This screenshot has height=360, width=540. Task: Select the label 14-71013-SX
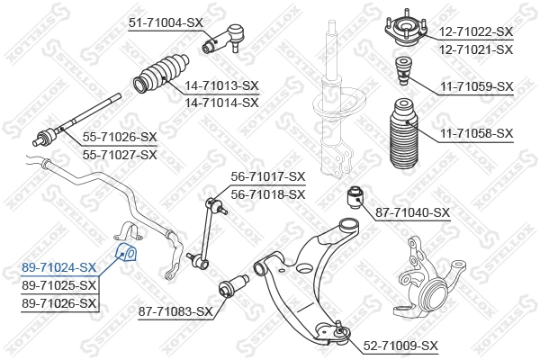(x=221, y=86)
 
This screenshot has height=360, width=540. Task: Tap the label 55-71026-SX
(x=120, y=138)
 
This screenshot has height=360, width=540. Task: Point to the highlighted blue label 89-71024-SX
(x=58, y=267)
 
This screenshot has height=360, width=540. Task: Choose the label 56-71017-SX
(x=268, y=177)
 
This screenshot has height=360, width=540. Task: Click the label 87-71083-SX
(x=175, y=311)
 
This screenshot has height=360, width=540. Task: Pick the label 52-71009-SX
(x=400, y=345)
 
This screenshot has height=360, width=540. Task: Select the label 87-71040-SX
(x=412, y=212)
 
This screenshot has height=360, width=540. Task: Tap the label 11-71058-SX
(x=476, y=133)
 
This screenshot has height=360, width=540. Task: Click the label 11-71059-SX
(x=476, y=86)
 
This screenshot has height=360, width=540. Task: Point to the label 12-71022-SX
(x=476, y=31)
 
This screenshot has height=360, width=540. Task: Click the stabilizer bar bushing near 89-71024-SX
(x=127, y=250)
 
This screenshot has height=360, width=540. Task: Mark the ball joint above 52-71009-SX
(x=340, y=332)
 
